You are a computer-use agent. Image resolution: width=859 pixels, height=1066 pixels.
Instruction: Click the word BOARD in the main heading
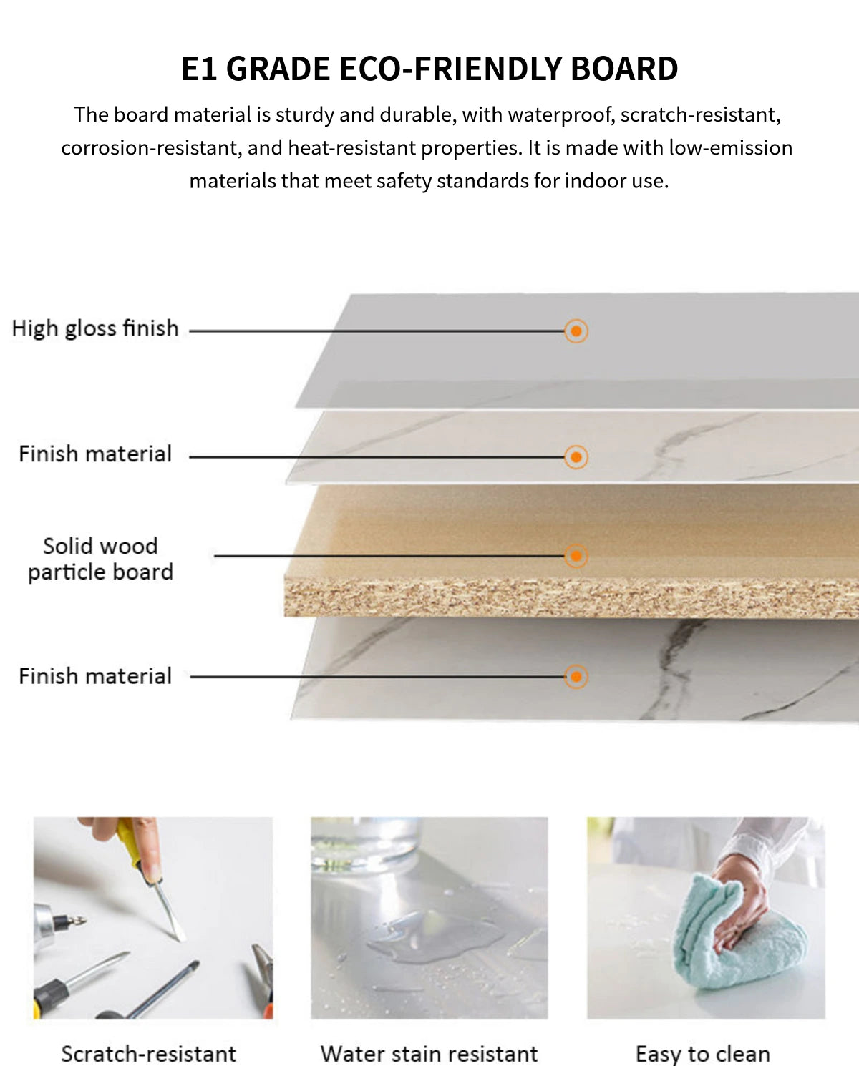624,69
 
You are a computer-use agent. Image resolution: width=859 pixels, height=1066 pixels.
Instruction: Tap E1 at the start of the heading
199,69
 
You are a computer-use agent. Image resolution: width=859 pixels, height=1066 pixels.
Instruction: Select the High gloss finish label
95,328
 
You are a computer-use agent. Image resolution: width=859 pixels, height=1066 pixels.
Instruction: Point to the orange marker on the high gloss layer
576,331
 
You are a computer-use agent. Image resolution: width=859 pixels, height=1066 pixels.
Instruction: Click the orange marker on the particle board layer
576,556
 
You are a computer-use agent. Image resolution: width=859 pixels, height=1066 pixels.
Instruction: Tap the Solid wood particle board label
101,559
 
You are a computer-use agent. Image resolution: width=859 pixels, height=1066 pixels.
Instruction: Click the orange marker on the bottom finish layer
576,676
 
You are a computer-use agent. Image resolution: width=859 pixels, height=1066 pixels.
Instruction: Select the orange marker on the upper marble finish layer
576,456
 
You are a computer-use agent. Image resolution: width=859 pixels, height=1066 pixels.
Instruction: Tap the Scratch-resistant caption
149,1053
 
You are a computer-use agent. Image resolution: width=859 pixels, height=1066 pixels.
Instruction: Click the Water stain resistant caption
429,1053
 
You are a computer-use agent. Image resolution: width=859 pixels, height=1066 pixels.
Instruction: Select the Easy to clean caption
703,1053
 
